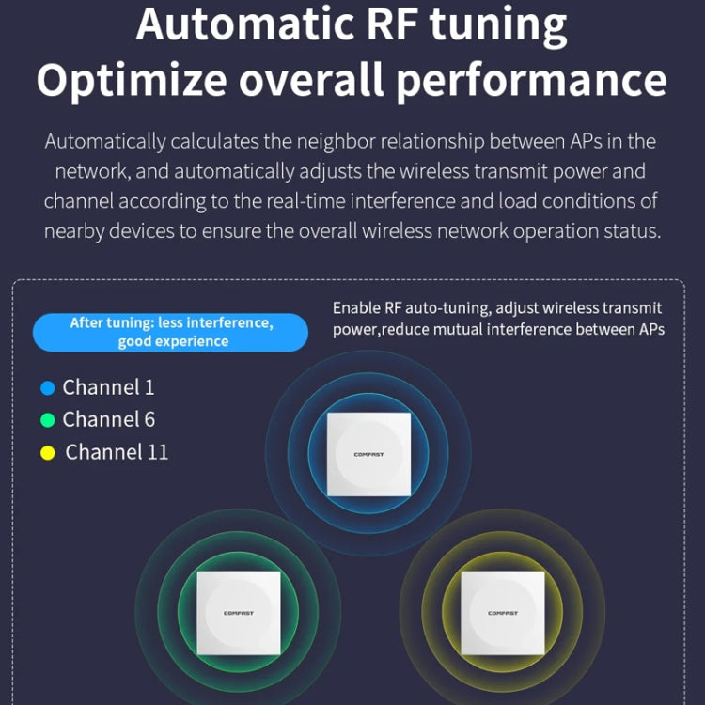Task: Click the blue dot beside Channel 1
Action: click(48, 388)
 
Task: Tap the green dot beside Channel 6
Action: click(48, 420)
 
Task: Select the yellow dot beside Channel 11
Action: click(48, 453)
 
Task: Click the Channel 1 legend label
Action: click(108, 387)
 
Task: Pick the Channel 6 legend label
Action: click(109, 419)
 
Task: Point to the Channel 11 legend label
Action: click(117, 452)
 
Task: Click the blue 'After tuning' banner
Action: click(171, 332)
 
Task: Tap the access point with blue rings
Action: click(368, 454)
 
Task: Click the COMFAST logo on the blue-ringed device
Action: click(368, 454)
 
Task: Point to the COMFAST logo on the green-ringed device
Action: click(238, 613)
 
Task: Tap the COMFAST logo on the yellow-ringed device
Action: click(502, 613)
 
